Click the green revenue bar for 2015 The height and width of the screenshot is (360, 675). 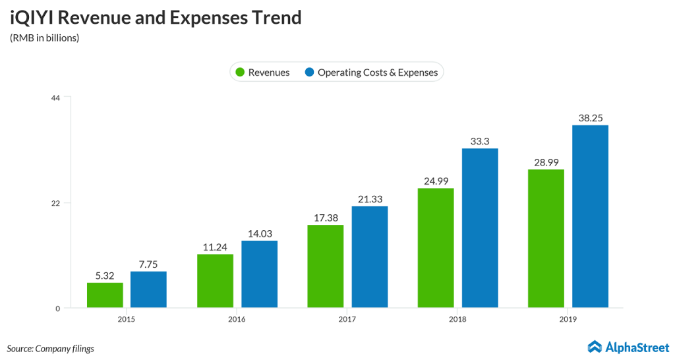[105, 295]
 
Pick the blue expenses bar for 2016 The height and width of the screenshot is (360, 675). [259, 274]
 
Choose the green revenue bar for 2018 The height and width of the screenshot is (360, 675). [436, 247]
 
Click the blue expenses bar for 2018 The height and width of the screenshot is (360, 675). [480, 227]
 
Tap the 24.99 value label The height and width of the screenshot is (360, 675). [436, 179]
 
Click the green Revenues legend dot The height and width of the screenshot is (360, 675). [240, 72]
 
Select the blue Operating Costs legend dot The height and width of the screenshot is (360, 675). [308, 72]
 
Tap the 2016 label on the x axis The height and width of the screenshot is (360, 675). [237, 319]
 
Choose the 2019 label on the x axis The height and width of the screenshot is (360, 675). [568, 319]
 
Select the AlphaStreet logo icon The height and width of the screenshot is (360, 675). [595, 346]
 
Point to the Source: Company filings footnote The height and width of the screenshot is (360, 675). [51, 348]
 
